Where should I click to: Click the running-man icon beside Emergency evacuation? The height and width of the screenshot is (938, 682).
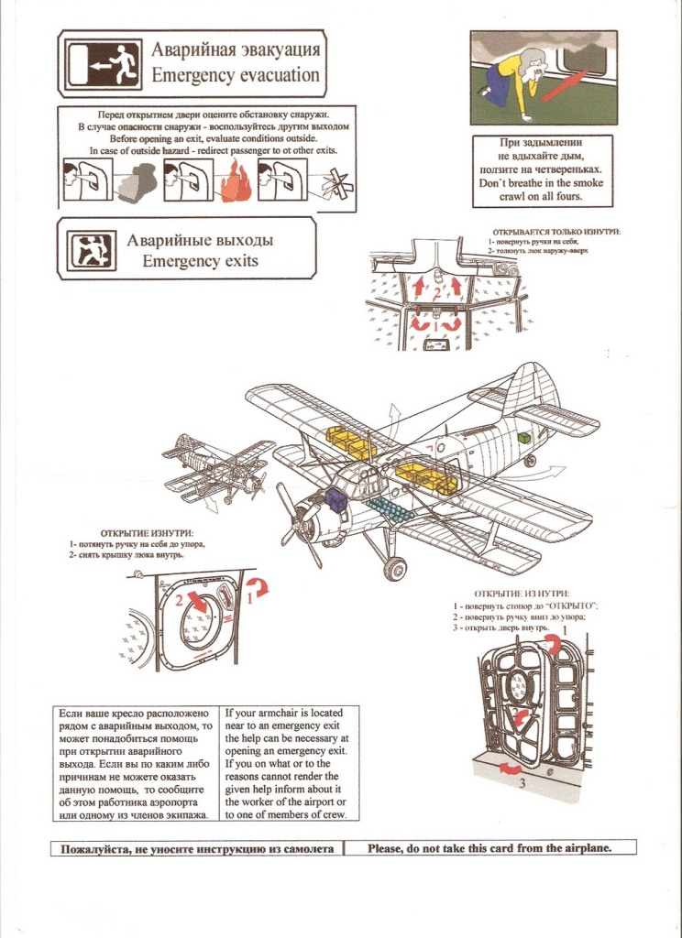[115, 60]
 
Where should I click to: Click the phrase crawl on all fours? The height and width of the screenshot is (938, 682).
[529, 196]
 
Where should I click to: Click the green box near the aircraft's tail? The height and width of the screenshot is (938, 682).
[524, 438]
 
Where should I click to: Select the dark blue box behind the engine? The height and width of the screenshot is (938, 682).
[334, 499]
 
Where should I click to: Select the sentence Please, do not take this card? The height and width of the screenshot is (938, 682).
[489, 847]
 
